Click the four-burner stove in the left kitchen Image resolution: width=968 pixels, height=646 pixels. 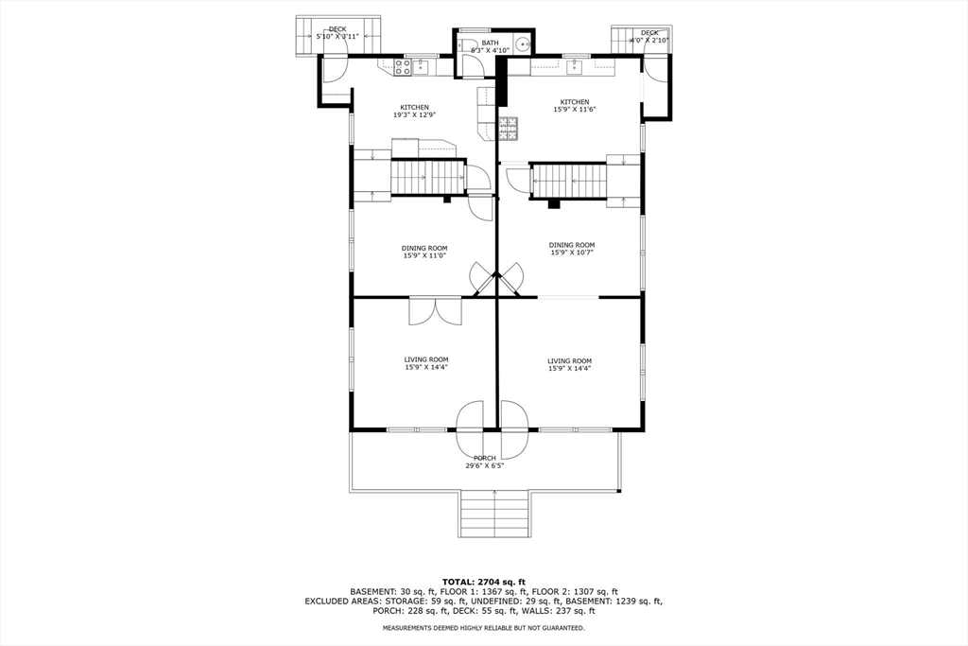tap(401, 67)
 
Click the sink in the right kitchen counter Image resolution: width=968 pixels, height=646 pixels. tap(574, 68)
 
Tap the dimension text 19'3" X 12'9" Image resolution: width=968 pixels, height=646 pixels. tap(414, 115)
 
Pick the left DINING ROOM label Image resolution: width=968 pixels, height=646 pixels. tap(424, 248)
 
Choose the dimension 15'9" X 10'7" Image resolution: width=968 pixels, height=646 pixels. tap(572, 253)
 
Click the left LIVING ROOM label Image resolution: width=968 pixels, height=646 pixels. tap(426, 359)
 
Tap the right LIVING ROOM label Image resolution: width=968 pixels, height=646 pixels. tap(569, 360)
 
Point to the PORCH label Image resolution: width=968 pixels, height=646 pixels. tap(484, 458)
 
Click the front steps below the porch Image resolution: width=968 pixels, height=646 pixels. tap(494, 515)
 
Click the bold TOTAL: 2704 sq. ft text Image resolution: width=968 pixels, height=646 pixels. tap(483, 581)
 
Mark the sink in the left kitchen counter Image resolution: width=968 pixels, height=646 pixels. tap(419, 67)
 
